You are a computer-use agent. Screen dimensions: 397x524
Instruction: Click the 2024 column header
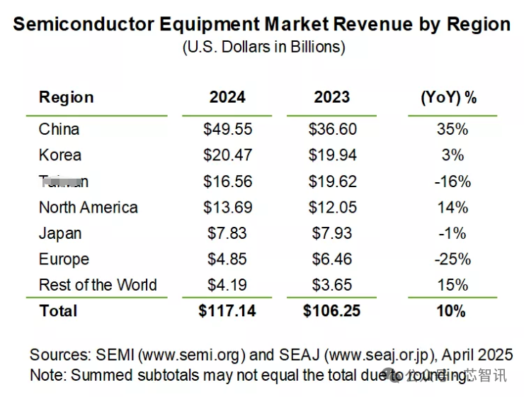click(x=227, y=97)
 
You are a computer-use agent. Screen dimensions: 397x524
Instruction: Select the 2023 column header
click(x=332, y=97)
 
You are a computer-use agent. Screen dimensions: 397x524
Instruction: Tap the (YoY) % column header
click(x=450, y=97)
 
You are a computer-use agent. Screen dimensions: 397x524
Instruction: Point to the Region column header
click(x=66, y=97)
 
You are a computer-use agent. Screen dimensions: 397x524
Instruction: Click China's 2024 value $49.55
click(x=227, y=129)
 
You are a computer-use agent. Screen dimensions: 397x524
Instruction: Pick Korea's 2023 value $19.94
click(x=332, y=155)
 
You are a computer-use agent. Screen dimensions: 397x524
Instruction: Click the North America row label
click(x=88, y=208)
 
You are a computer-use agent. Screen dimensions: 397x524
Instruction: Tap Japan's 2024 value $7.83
click(x=227, y=233)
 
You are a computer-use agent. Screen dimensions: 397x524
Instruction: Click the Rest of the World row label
click(x=98, y=285)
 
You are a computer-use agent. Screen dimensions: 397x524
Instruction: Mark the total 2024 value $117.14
click(x=227, y=311)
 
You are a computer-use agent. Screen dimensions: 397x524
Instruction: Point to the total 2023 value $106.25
click(x=332, y=311)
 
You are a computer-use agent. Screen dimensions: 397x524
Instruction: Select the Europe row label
click(x=64, y=259)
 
